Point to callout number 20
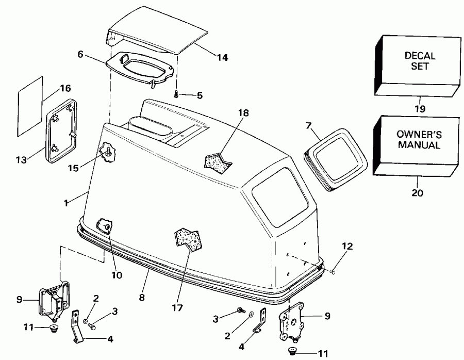[x=418, y=193]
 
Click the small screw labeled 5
[x=176, y=94]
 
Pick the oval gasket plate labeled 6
[x=139, y=67]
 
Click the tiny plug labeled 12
[x=334, y=270]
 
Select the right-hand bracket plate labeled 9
[x=291, y=323]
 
